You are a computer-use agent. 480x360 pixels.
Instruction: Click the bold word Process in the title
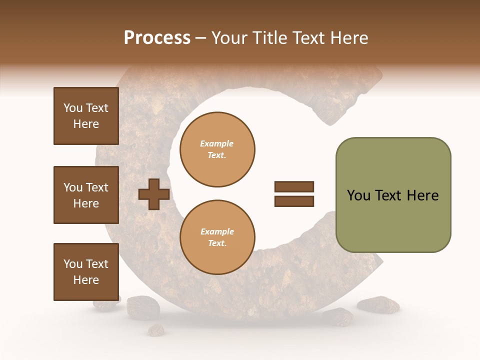point(157,38)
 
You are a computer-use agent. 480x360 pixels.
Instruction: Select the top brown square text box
point(86,116)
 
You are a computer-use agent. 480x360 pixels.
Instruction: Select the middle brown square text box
point(86,195)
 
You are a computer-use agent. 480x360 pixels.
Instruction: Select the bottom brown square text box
point(86,272)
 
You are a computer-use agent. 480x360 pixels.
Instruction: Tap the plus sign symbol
point(154,194)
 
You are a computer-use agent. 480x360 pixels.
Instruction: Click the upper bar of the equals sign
point(294,186)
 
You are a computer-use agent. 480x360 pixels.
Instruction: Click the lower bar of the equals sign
point(294,201)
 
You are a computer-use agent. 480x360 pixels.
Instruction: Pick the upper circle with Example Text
point(217,149)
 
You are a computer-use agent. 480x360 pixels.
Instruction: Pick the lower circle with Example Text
point(217,237)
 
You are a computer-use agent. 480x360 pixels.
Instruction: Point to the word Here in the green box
point(422,195)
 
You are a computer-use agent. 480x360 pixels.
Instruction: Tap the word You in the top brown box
point(73,108)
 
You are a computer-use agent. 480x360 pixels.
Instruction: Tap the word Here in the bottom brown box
point(86,280)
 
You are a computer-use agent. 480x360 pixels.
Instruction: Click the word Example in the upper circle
point(217,144)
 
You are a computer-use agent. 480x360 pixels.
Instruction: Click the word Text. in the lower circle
point(217,243)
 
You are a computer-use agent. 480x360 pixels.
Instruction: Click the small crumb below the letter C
point(156,329)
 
